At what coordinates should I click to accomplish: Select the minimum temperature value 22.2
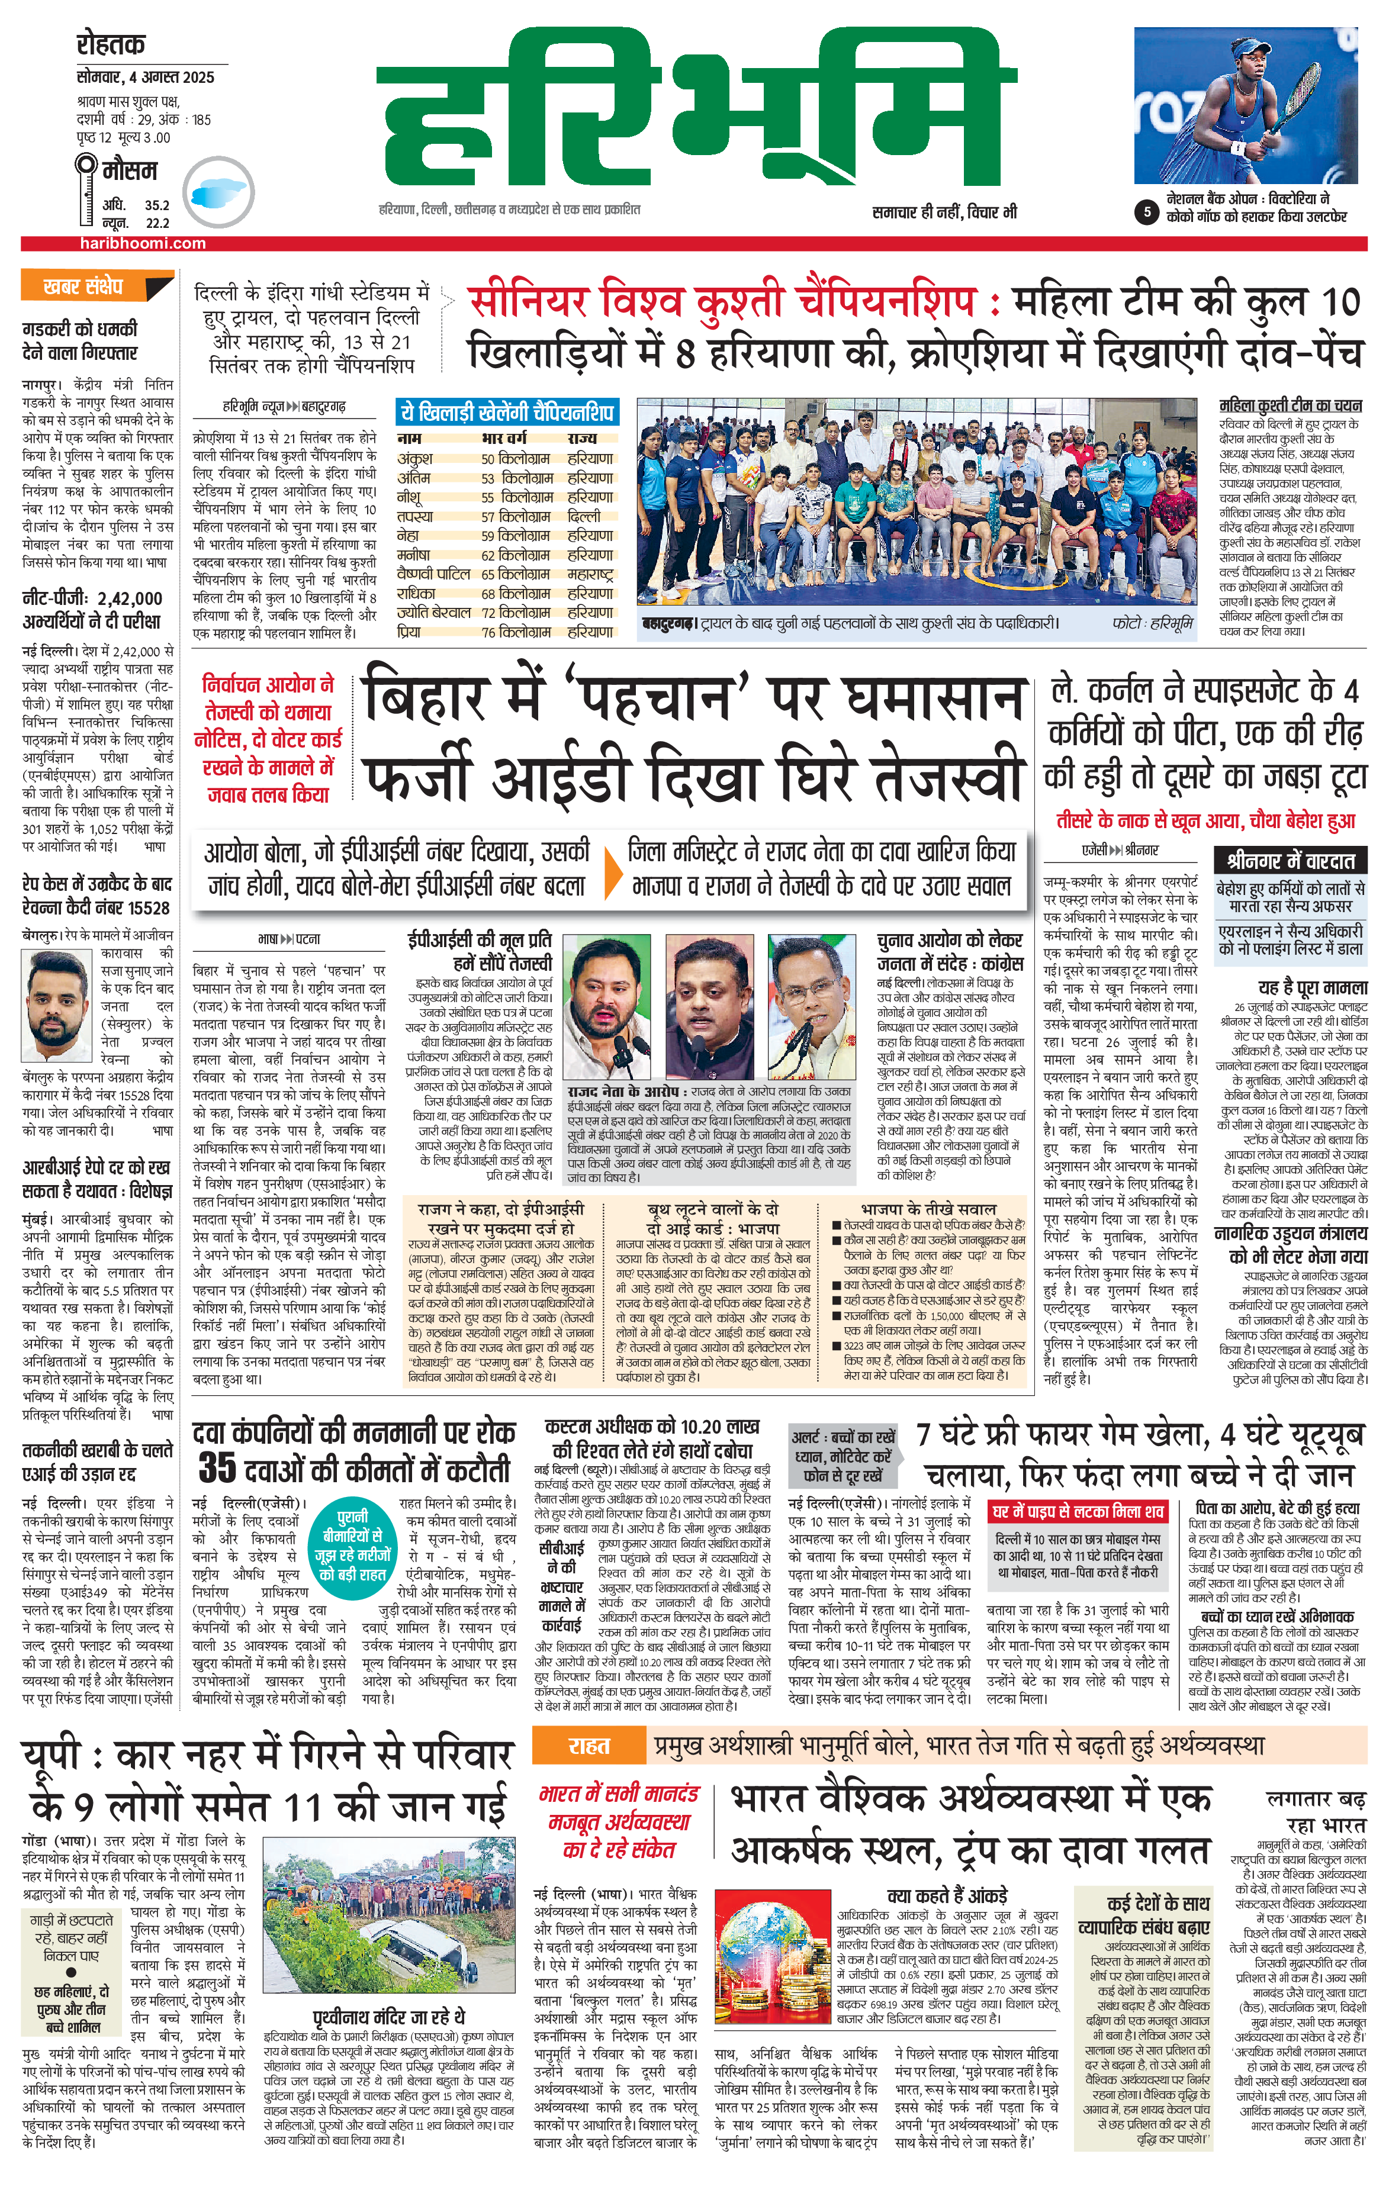[x=157, y=222]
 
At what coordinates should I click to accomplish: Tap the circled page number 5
[x=1147, y=212]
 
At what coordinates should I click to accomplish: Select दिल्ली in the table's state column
[x=584, y=517]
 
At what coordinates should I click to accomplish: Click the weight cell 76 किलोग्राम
[x=516, y=632]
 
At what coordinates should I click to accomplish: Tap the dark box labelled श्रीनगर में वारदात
[x=1290, y=861]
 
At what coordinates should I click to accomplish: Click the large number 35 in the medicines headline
[x=218, y=1467]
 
